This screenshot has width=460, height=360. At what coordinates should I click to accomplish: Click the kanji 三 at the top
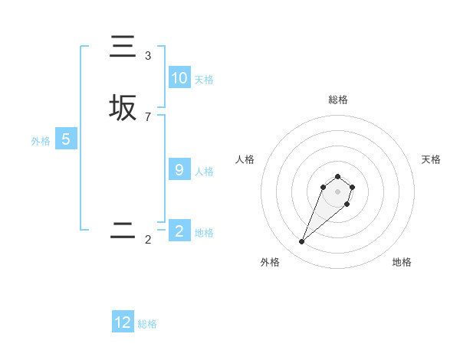(x=123, y=47)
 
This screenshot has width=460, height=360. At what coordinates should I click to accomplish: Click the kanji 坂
(x=123, y=108)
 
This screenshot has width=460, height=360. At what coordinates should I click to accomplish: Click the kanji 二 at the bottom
(x=123, y=231)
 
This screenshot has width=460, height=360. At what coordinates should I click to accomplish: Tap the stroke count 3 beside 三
(x=148, y=56)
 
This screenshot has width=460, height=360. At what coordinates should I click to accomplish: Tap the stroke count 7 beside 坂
(x=148, y=116)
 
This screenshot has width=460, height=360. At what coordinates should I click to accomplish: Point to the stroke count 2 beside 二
(x=148, y=240)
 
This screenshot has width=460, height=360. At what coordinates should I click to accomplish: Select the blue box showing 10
(x=179, y=78)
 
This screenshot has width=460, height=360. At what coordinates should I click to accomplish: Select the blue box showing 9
(x=179, y=170)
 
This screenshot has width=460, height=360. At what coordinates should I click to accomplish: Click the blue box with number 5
(x=66, y=139)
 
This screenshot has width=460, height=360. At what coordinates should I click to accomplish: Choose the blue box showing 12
(x=123, y=322)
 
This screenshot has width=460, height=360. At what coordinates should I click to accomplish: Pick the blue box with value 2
(x=179, y=231)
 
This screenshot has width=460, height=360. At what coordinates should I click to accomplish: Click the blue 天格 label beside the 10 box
(x=204, y=80)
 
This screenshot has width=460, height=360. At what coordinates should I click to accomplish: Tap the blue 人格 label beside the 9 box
(x=204, y=172)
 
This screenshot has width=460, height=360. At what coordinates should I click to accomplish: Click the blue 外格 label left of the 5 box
(x=41, y=141)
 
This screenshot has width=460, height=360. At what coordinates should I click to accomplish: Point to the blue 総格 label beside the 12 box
(x=147, y=324)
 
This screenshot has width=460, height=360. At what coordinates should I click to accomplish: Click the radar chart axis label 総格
(x=337, y=100)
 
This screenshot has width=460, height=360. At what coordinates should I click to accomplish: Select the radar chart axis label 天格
(x=431, y=159)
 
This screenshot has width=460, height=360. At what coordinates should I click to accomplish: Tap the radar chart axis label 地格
(x=402, y=262)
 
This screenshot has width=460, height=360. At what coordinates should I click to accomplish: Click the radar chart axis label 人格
(x=245, y=159)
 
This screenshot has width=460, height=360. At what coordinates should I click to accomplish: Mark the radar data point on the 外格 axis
(x=302, y=242)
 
